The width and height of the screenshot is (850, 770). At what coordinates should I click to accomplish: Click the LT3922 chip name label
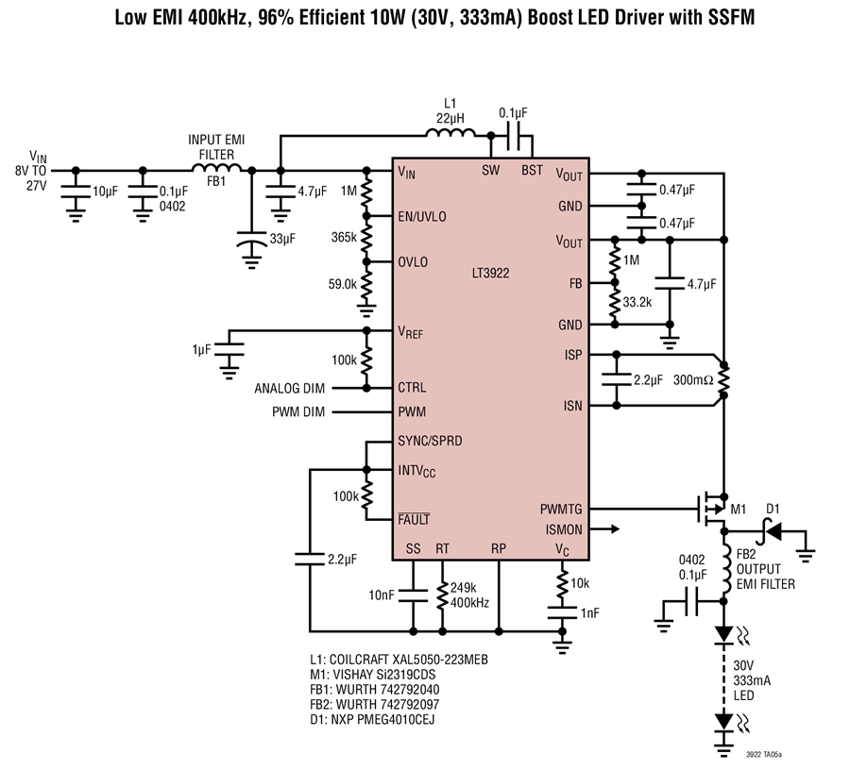pos(490,273)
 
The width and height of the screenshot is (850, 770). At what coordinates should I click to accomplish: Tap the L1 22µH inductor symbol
pos(450,133)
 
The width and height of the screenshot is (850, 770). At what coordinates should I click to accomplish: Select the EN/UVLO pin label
pos(422,217)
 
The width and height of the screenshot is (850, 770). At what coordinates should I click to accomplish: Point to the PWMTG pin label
pos(561,510)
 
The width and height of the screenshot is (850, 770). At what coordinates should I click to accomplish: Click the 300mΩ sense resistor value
pos(693,380)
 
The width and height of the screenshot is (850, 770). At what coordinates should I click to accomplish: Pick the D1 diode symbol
pos(772,532)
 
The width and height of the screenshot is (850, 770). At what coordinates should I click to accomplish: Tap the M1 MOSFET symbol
pos(710,509)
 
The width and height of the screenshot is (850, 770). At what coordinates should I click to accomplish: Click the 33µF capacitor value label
pos(282,238)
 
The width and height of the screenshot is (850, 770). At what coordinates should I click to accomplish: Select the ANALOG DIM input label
pos(290,388)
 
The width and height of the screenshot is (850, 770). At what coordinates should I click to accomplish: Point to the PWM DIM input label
pos(298,412)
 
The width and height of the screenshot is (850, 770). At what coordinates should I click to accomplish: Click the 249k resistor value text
pos(464,588)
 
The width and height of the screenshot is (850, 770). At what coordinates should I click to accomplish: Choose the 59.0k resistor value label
pos(343,284)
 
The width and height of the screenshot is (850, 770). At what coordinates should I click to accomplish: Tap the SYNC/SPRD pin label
pos(430,441)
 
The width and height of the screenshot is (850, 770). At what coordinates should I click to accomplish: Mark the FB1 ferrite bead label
pos(216,181)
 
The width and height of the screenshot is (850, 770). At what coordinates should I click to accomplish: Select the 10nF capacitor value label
pos(382,595)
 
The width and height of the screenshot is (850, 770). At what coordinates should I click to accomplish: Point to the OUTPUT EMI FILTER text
pos(765,577)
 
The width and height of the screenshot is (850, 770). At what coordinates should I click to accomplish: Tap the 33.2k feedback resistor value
pos(637,302)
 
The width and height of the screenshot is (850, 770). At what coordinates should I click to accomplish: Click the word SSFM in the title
pos(731,17)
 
